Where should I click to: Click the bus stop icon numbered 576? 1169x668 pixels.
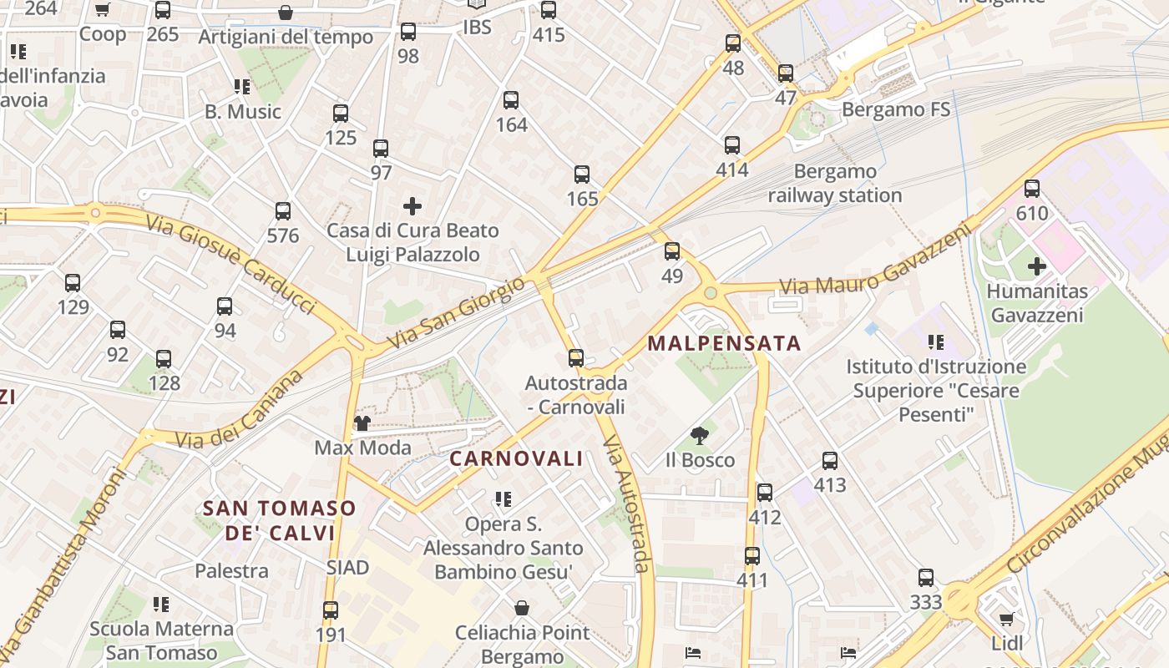tap(283, 211)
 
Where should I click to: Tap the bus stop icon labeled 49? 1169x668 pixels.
tap(672, 251)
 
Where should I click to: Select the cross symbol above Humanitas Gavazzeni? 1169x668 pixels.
tap(1036, 266)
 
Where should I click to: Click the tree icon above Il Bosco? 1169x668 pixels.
tap(700, 435)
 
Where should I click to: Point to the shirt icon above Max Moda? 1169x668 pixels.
tap(362, 423)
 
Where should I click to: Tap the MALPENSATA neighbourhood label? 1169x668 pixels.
tap(724, 343)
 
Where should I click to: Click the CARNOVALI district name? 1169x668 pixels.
tap(516, 458)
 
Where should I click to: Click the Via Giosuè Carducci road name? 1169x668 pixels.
tap(230, 265)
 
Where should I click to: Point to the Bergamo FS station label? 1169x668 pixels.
tap(896, 109)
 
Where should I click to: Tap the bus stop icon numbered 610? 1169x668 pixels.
tap(1032, 189)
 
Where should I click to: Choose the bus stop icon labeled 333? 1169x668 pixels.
tap(926, 578)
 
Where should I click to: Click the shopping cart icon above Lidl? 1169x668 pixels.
tap(1006, 620)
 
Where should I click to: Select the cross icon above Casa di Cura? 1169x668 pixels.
tap(412, 205)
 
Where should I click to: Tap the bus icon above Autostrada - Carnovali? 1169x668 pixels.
tap(576, 358)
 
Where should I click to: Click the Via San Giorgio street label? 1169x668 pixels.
tap(457, 313)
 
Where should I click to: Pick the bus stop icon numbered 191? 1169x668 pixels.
tap(331, 610)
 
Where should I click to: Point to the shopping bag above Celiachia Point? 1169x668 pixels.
tap(522, 608)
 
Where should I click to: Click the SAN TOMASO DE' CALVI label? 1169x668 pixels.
tap(279, 520)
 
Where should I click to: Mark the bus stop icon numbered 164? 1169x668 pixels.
tap(511, 101)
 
